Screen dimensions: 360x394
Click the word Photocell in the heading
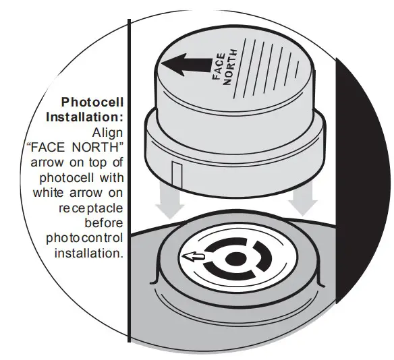click(x=93, y=102)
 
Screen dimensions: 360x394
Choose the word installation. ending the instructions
click(x=88, y=253)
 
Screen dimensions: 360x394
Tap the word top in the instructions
click(x=115, y=162)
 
